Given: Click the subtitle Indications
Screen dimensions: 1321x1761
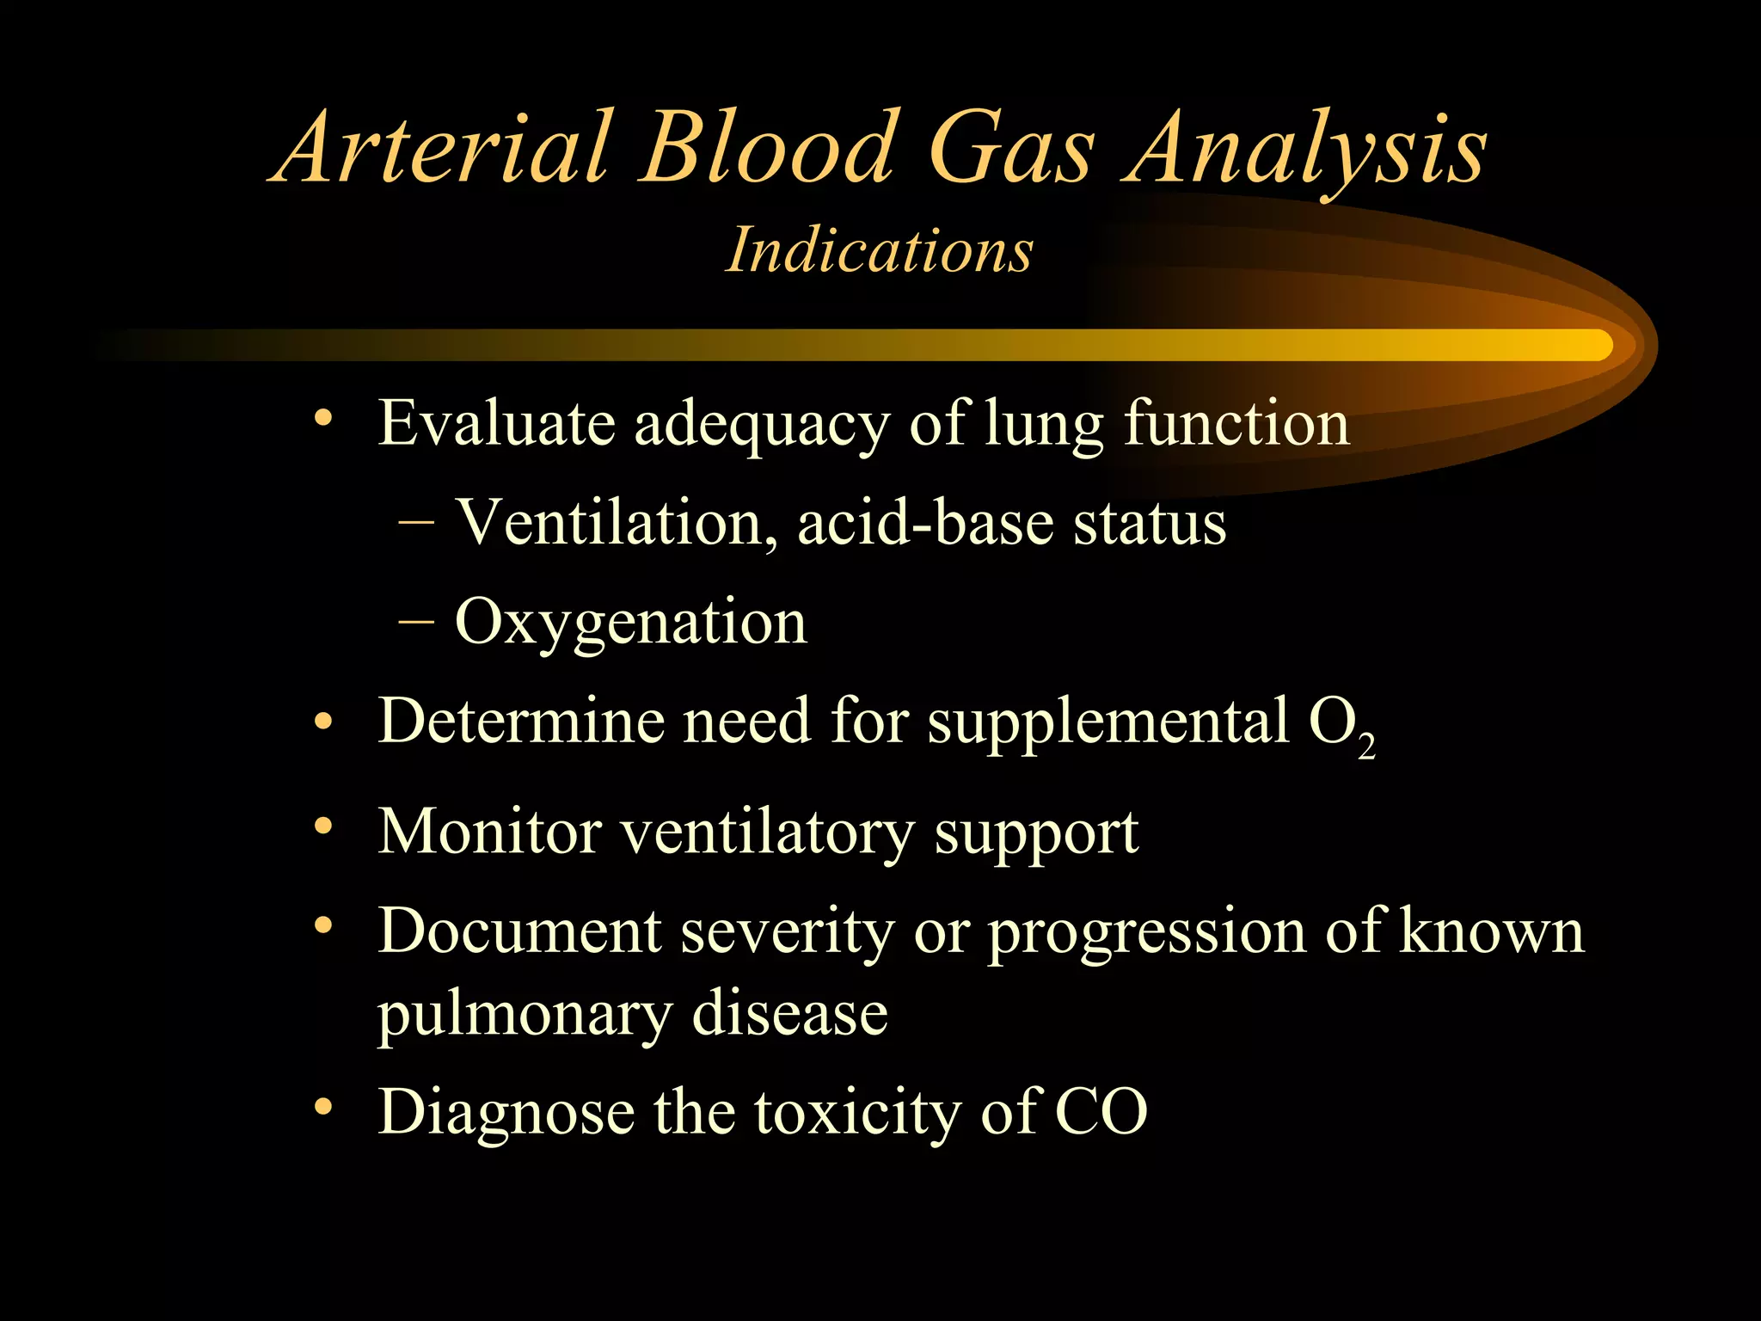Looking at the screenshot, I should click(x=879, y=250).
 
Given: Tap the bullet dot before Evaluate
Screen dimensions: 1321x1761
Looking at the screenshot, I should click(x=323, y=419).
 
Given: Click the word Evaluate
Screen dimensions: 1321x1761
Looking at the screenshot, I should click(x=497, y=423).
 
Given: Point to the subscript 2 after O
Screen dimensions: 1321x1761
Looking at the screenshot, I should click(x=1366, y=745).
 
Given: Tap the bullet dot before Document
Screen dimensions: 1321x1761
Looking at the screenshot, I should click(x=323, y=926).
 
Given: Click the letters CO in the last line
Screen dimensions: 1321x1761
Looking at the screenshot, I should click(x=1101, y=1112).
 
